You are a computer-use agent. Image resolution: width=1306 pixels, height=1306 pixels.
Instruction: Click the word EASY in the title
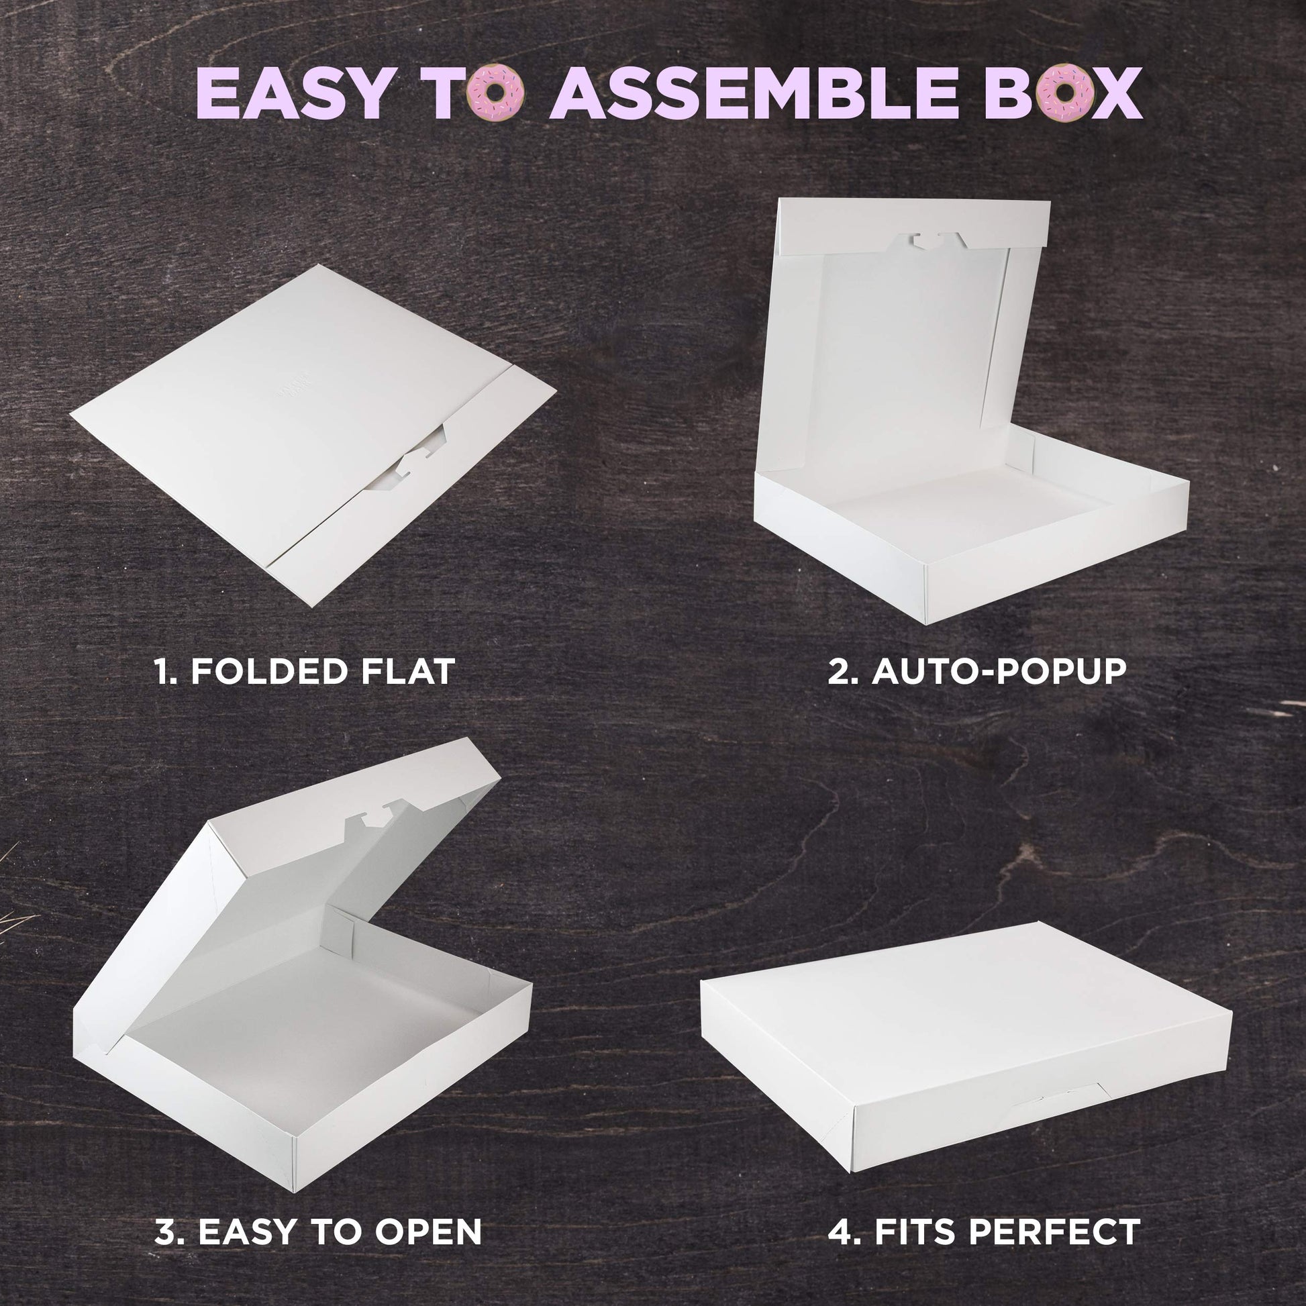pos(291,93)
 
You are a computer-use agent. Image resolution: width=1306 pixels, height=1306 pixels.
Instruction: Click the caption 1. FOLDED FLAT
pos(304,671)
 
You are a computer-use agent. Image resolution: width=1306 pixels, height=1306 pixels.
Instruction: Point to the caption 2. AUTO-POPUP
pos(977,671)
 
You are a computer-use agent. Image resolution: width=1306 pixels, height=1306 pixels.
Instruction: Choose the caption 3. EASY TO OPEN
pos(318,1232)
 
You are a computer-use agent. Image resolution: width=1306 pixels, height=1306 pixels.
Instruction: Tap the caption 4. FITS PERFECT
pos(985,1232)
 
